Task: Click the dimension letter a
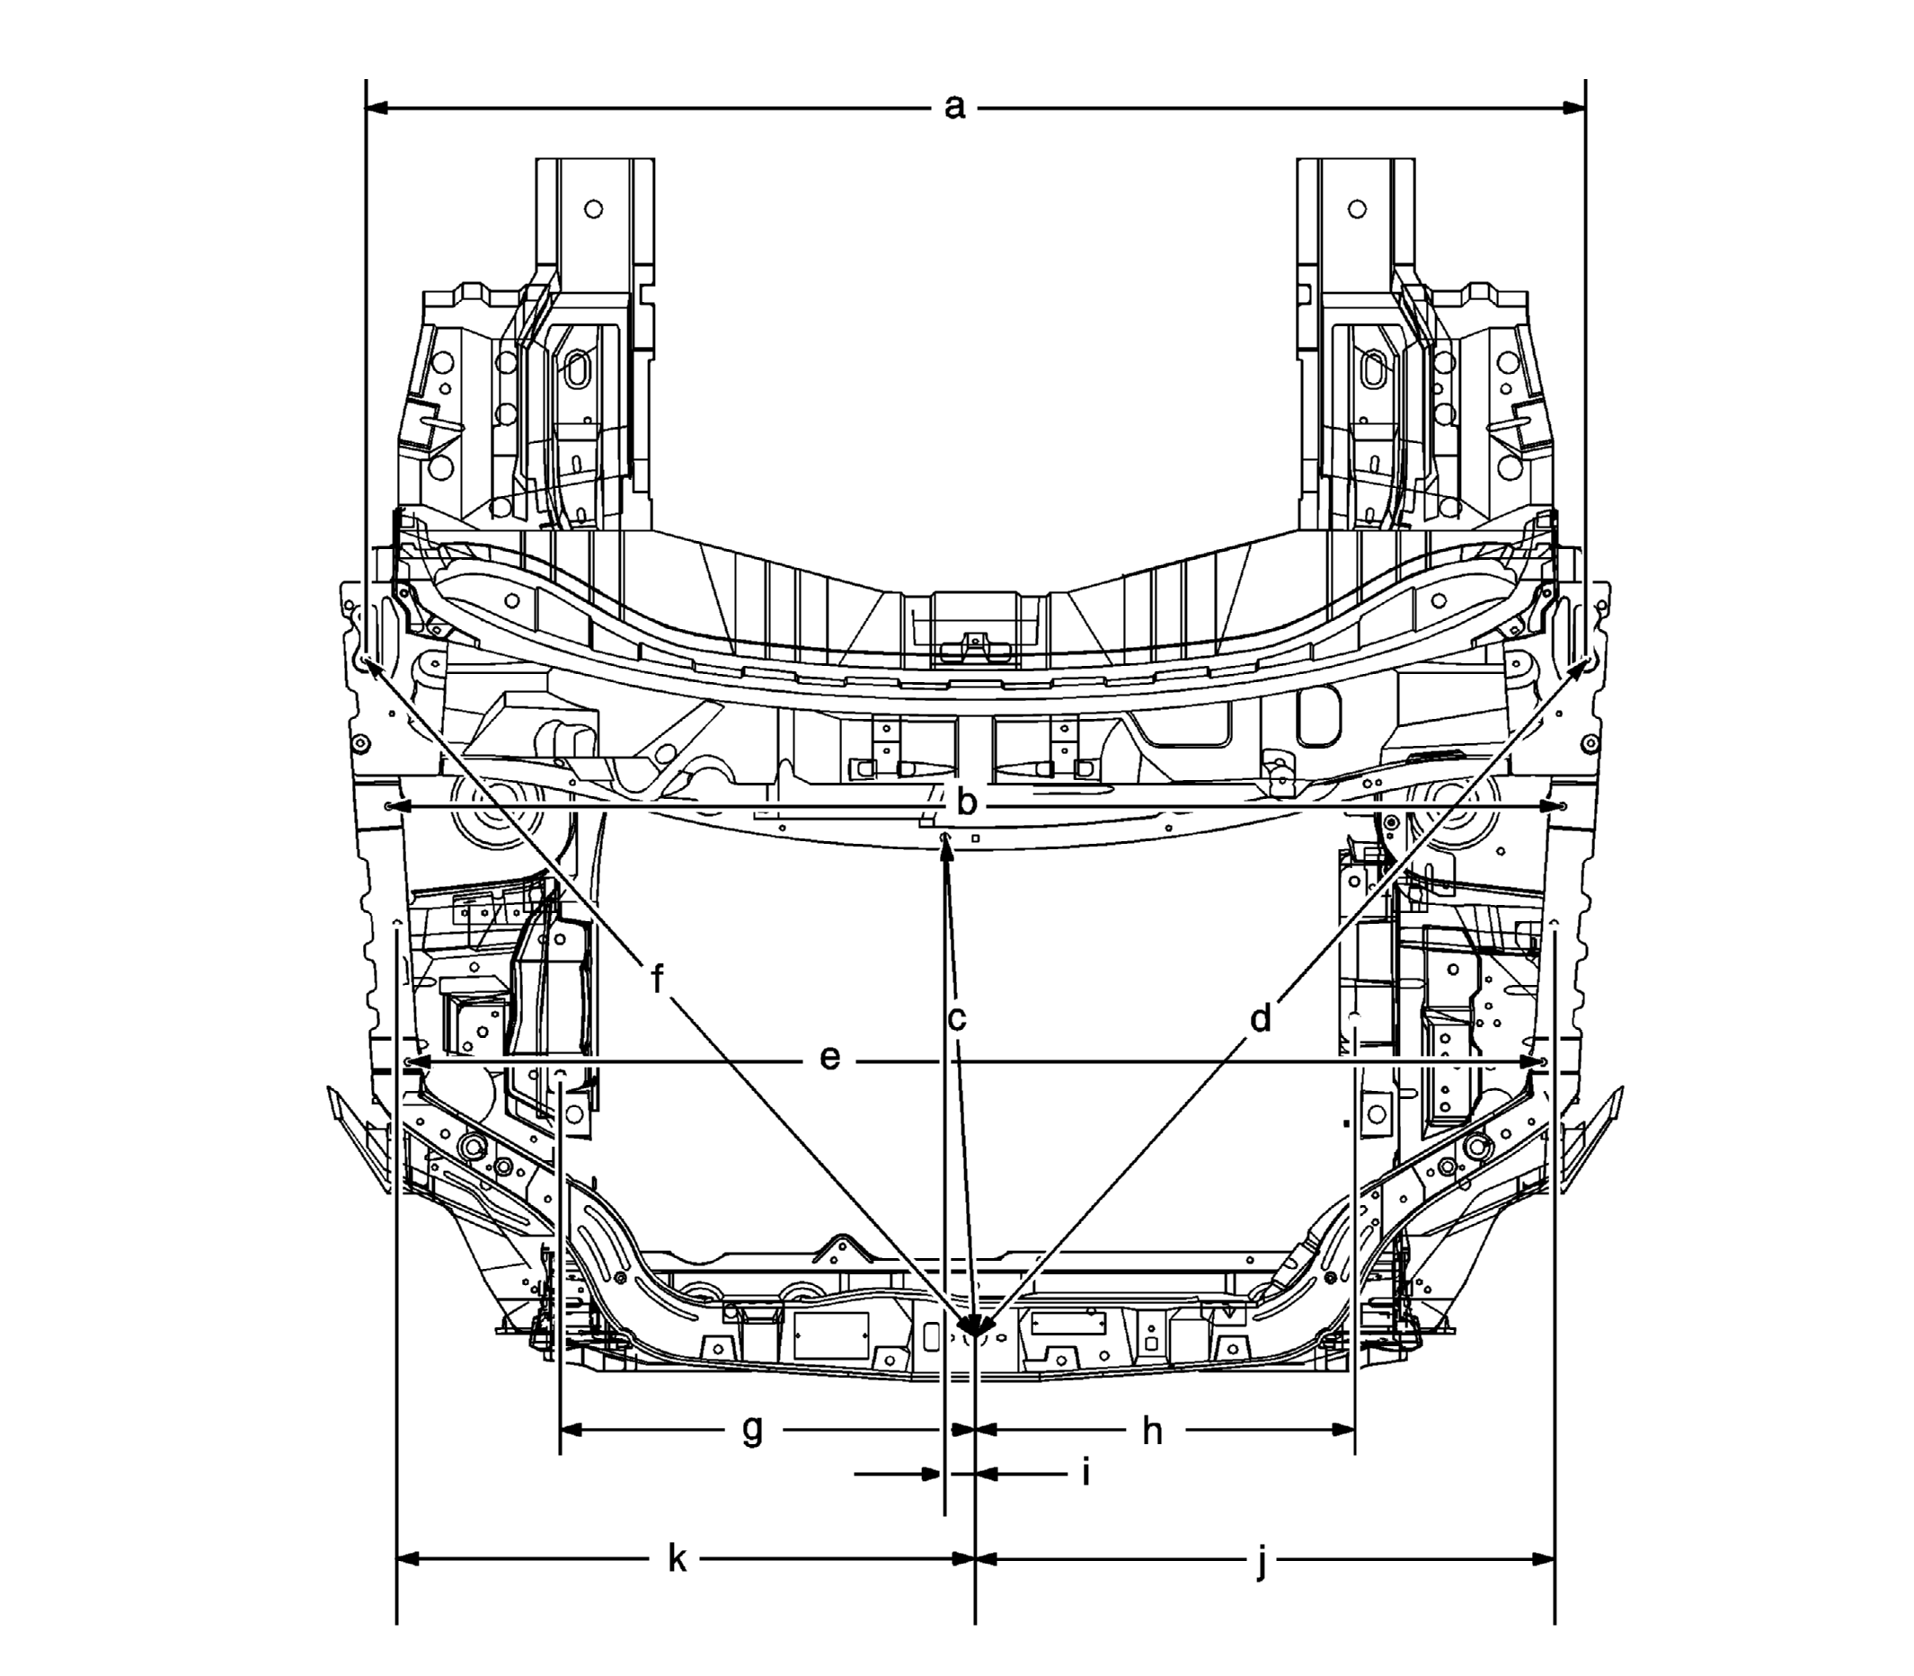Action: click(x=953, y=108)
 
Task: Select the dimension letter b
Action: click(x=967, y=802)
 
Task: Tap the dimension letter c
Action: click(x=956, y=1018)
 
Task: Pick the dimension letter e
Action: click(x=829, y=1058)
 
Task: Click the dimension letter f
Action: click(x=658, y=980)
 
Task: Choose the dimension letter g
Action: click(x=752, y=1431)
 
